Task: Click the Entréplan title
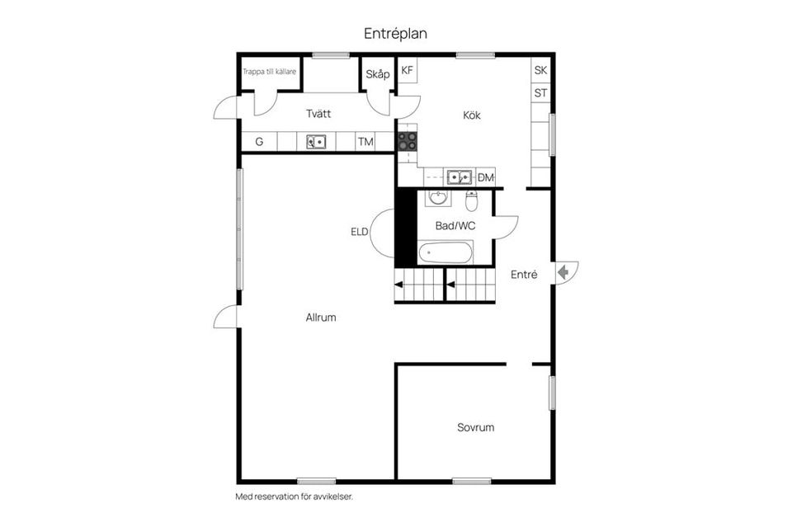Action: (x=395, y=34)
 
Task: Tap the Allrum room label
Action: (x=321, y=317)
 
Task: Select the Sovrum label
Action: (x=475, y=427)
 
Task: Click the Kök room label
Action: (x=471, y=115)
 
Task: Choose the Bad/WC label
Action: (x=455, y=224)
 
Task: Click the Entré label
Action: (x=524, y=275)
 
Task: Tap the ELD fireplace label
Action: (x=359, y=232)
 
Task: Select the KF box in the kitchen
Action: (x=407, y=71)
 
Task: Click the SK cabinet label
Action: (x=540, y=71)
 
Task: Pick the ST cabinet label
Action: (x=540, y=93)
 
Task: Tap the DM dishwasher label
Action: (x=485, y=177)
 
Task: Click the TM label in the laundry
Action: (x=365, y=142)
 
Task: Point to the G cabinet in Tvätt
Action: (x=259, y=142)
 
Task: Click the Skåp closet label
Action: (x=377, y=74)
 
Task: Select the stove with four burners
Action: (x=408, y=141)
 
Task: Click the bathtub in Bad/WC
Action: (x=445, y=252)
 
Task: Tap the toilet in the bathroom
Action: (x=472, y=200)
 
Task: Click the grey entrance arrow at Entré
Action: (x=565, y=272)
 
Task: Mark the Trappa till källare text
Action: (x=269, y=72)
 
